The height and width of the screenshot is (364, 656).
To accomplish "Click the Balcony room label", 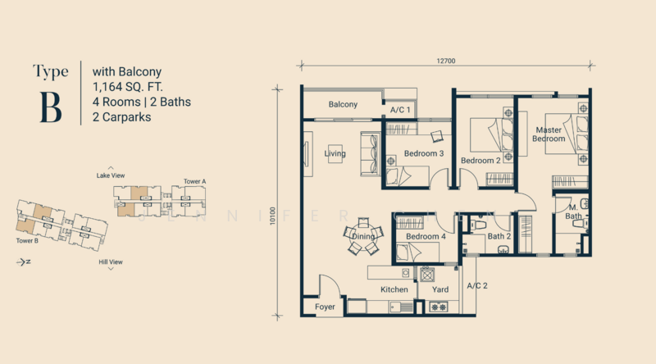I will (x=343, y=104).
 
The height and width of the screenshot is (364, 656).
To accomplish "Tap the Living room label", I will (x=335, y=153).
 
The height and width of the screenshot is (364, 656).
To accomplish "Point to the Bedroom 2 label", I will (x=481, y=161).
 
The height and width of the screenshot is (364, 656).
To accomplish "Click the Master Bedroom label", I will (x=549, y=134).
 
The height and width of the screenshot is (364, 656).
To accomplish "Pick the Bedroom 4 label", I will (x=426, y=237).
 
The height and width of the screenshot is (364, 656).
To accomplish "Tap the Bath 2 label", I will (x=499, y=237).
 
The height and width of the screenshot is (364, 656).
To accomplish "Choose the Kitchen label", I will (x=394, y=289).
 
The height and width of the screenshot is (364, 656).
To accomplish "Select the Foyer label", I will (x=326, y=307).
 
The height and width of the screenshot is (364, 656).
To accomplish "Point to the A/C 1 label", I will (x=400, y=109).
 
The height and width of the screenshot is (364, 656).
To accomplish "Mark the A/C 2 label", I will (x=477, y=285).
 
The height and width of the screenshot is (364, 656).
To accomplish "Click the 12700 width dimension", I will (x=447, y=60).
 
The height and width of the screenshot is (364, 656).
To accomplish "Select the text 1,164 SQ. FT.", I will (x=134, y=86).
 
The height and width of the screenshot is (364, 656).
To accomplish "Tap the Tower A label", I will (x=194, y=180).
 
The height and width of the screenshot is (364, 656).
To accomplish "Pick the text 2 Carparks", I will (x=123, y=117).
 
